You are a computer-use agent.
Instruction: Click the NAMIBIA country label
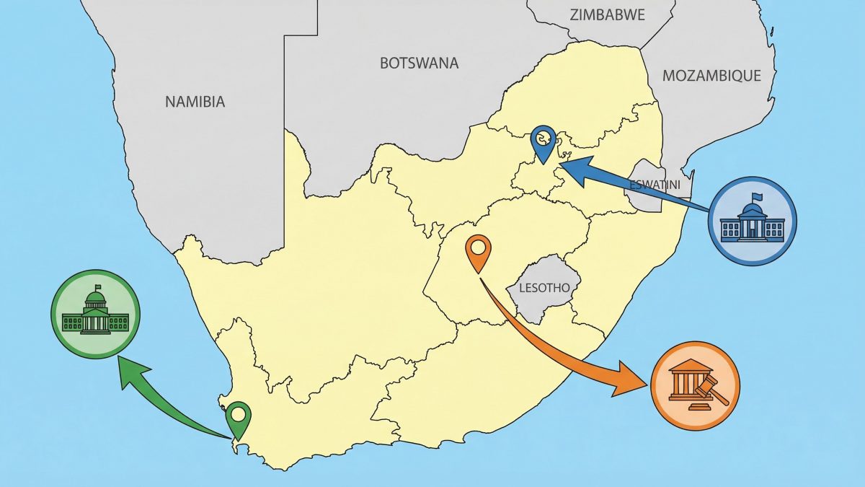click(195, 102)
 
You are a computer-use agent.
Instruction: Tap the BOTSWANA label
click(419, 63)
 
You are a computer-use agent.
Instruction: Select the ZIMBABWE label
click(607, 14)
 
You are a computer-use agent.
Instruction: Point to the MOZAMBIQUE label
click(711, 76)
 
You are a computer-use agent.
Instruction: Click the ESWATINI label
click(651, 185)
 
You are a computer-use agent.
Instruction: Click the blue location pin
click(543, 141)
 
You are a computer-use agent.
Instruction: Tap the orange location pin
click(478, 251)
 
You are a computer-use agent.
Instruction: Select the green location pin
click(239, 419)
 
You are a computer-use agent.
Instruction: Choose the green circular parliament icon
click(95, 314)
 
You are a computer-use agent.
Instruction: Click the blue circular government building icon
click(753, 220)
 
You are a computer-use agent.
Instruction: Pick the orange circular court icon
click(695, 386)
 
